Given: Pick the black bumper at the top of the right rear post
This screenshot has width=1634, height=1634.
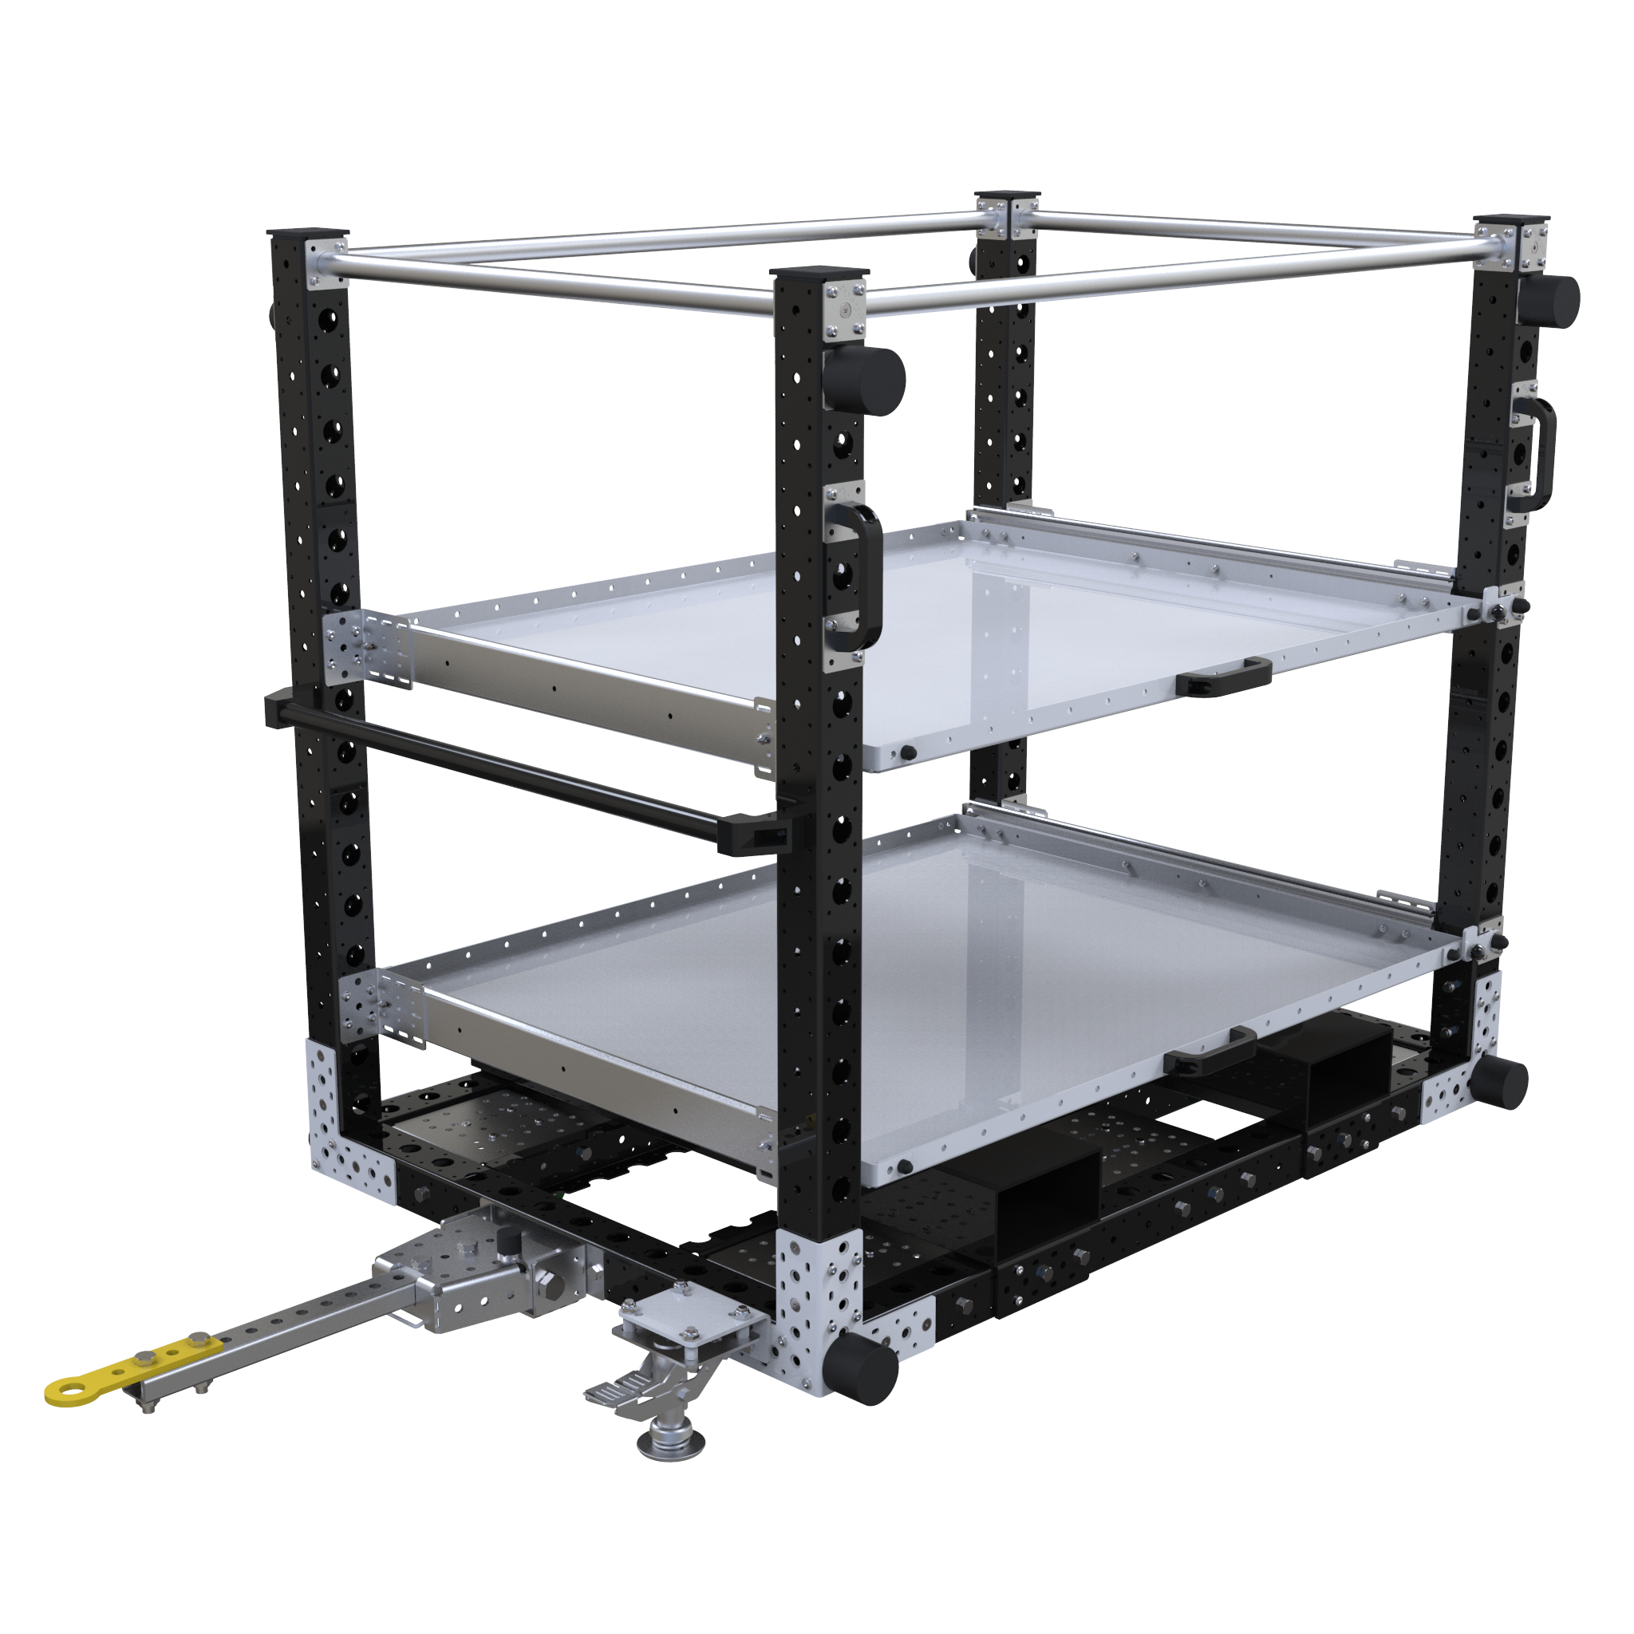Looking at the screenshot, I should click(x=1549, y=301).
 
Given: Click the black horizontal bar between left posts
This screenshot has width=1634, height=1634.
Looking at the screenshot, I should click(x=524, y=774).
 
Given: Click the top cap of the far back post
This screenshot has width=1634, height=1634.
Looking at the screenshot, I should click(x=1006, y=196).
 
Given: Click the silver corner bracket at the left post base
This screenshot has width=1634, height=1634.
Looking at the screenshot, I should click(x=347, y=1116).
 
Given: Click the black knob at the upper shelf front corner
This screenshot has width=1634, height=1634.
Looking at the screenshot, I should click(x=907, y=751).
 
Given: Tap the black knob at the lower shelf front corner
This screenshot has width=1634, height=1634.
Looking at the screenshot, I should click(x=905, y=1167).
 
